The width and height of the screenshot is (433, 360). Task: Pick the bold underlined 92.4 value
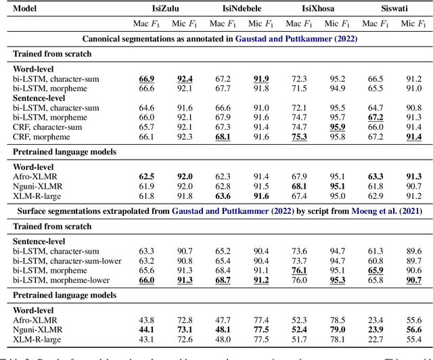point(184,78)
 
